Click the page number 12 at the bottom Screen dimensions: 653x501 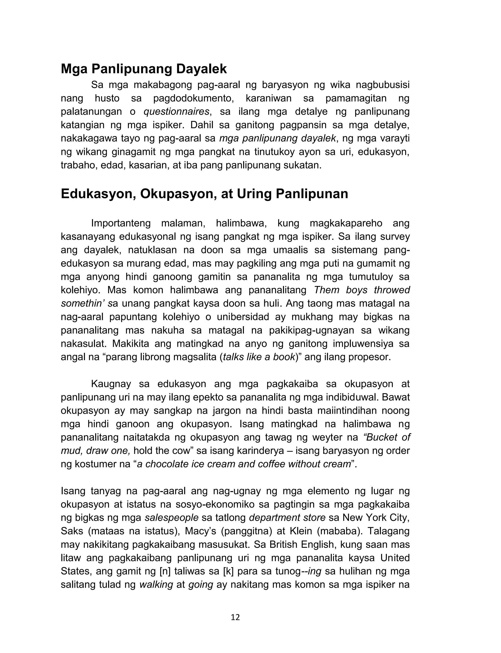(x=235, y=617)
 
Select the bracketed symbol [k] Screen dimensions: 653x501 (x=230, y=571)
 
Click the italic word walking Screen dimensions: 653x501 (x=156, y=584)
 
